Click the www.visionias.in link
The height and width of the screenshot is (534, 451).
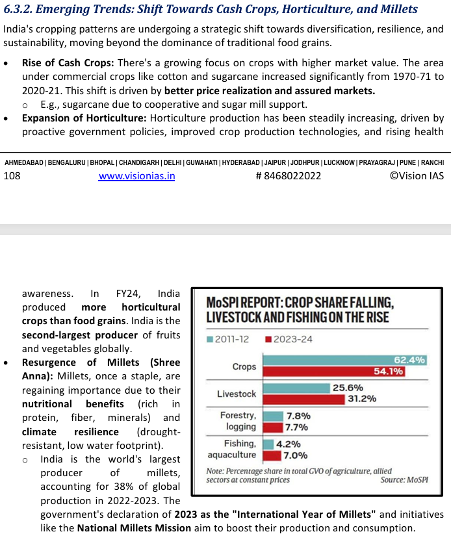136,176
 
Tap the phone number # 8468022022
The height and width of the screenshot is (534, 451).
289,176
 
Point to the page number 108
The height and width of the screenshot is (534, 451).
12,176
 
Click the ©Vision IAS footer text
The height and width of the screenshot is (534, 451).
417,176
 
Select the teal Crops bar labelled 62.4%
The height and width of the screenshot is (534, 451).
344,361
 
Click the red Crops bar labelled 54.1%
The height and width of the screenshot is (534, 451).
333,372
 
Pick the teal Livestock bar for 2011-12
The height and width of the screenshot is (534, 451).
295,388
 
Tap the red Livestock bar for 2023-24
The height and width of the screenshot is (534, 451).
304,399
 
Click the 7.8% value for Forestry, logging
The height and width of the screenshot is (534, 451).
298,416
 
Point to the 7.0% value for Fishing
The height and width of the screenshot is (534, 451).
295,455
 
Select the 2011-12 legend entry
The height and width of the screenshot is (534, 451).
229,339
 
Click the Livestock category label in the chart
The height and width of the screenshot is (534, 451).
237,394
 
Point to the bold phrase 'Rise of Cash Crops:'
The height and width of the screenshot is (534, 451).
68,63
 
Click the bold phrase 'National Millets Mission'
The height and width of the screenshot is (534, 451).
134,528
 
